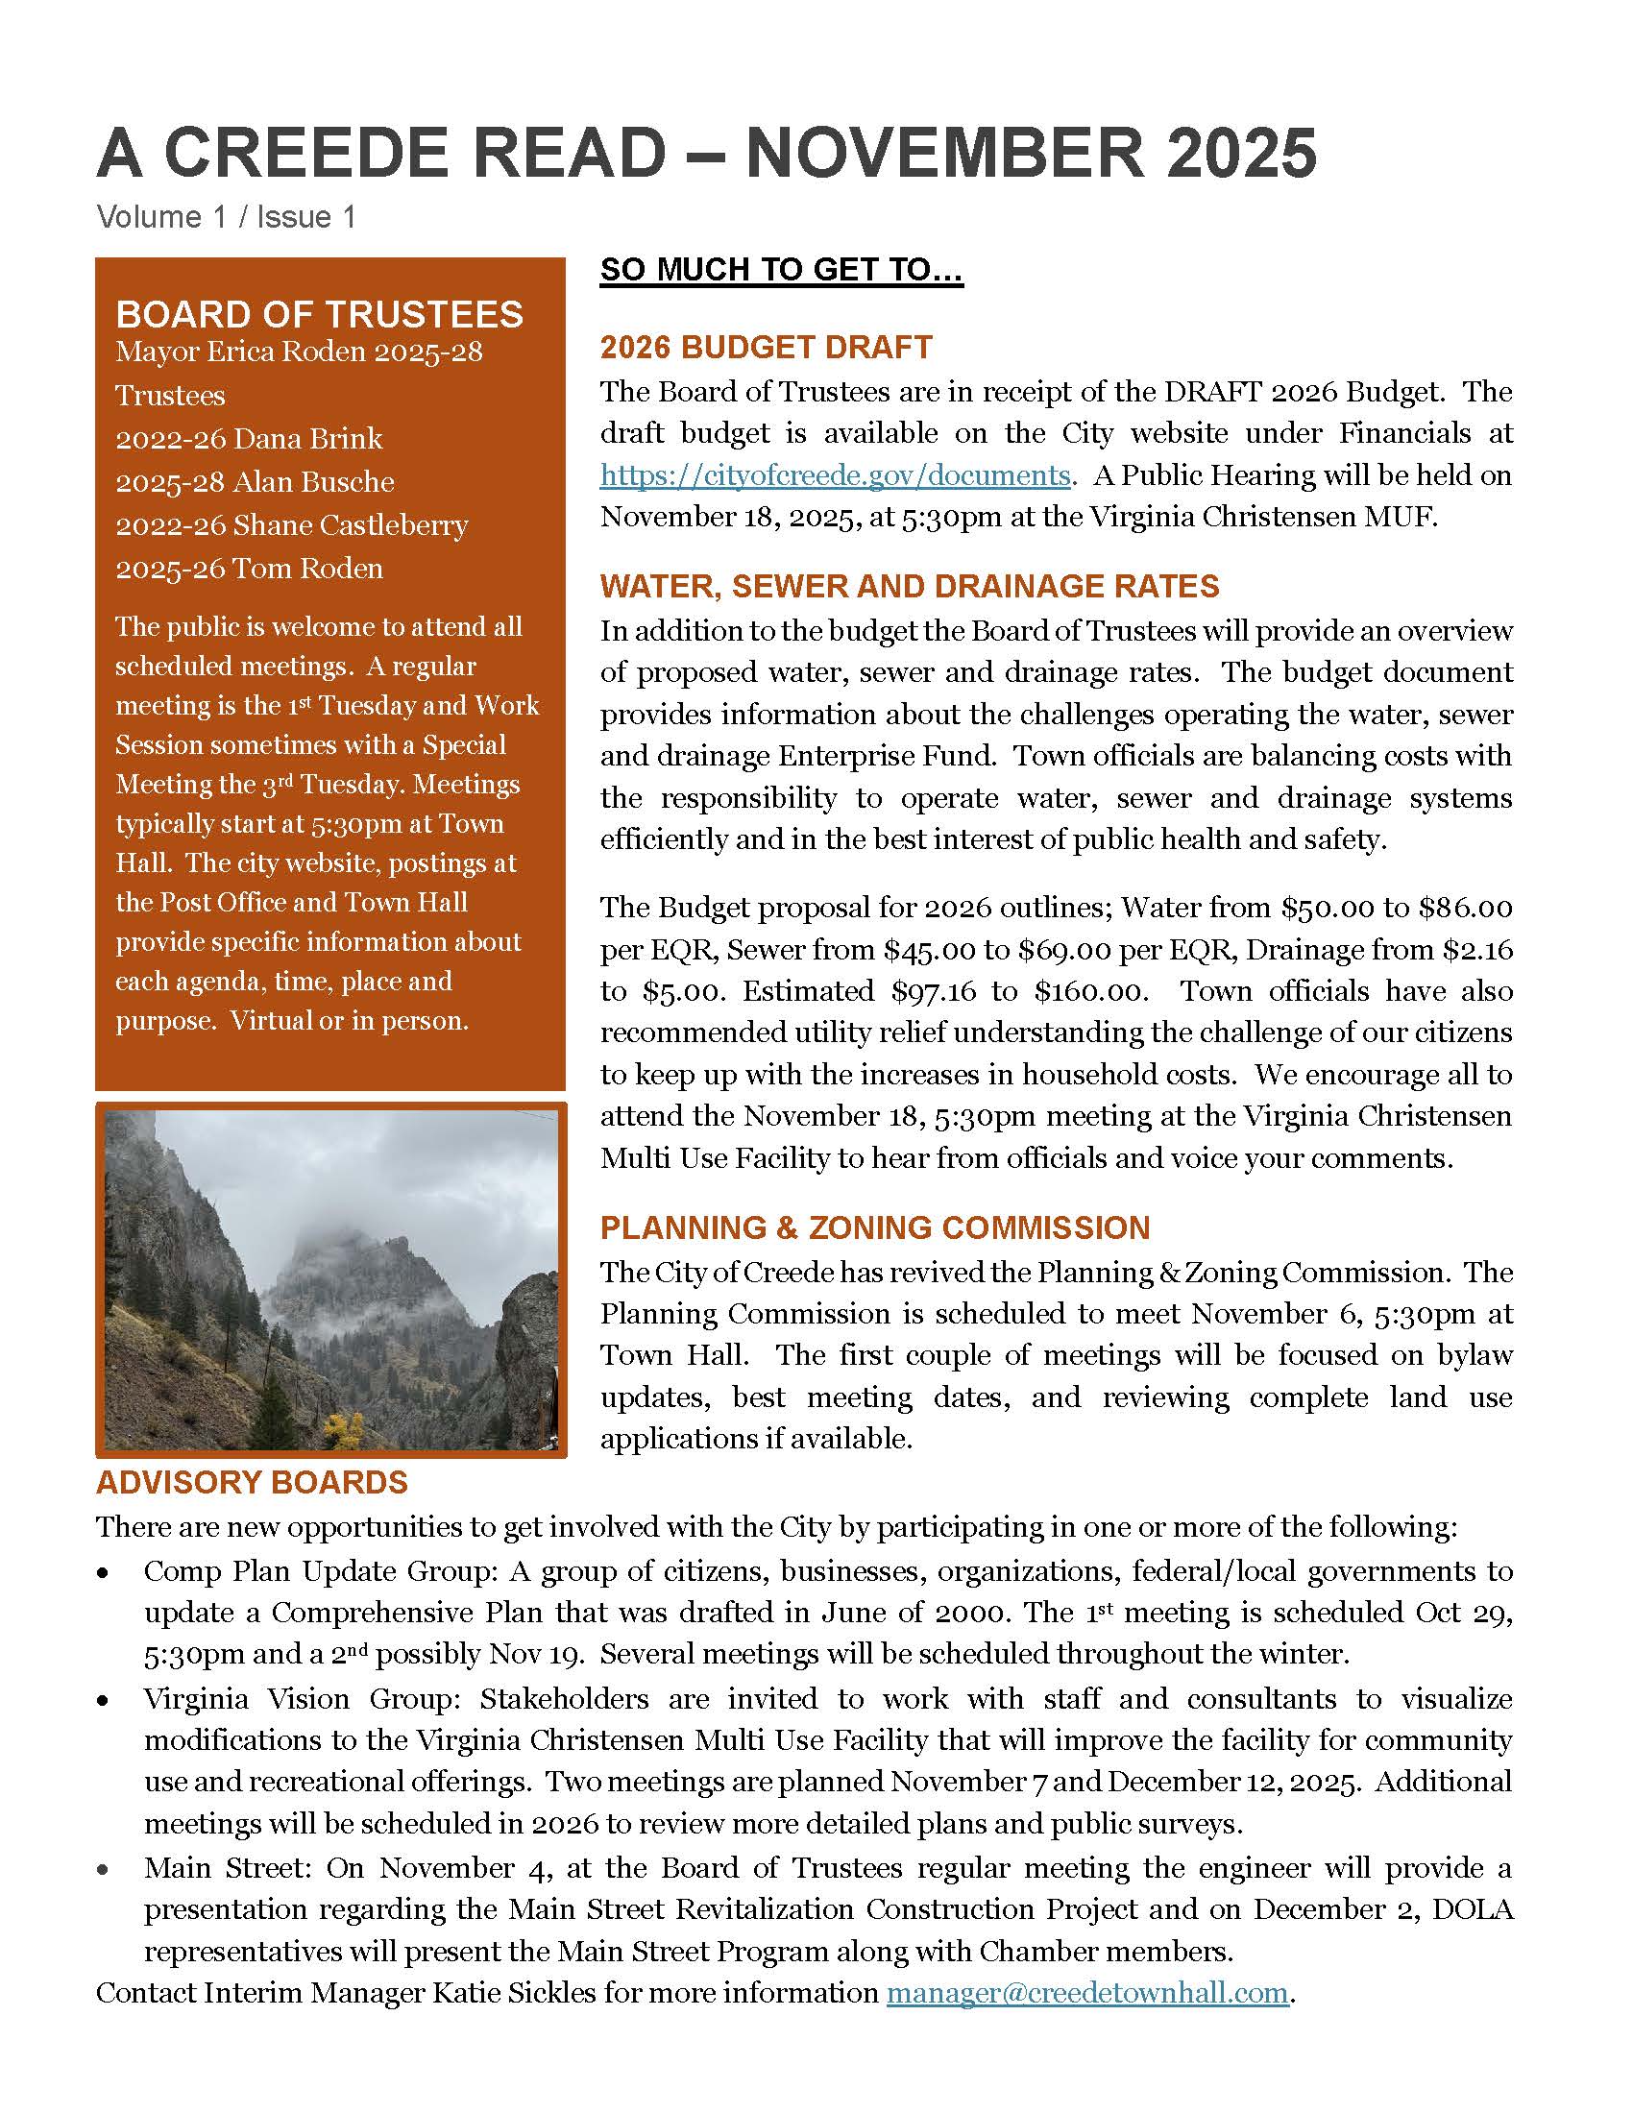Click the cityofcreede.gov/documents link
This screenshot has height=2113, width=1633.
click(834, 476)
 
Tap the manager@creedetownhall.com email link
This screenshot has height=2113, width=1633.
click(1087, 1993)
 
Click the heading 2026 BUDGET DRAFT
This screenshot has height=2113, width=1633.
click(767, 348)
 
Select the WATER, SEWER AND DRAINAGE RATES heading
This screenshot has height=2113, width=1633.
click(910, 586)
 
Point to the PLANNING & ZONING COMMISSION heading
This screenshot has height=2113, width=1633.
click(874, 1227)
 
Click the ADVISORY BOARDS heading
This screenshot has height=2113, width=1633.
click(252, 1483)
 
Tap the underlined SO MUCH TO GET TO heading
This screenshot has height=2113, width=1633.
click(782, 270)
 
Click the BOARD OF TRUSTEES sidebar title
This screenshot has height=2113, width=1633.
click(319, 314)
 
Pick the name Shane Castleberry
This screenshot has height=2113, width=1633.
click(351, 525)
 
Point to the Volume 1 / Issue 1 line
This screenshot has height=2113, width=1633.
click(227, 217)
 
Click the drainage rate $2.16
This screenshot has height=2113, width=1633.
click(1477, 950)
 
